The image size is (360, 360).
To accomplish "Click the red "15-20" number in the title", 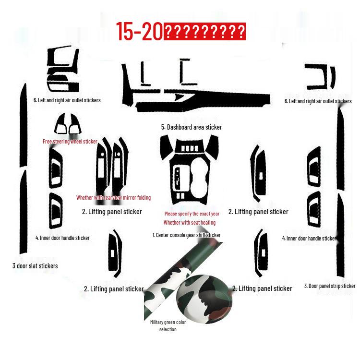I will coord(140,31).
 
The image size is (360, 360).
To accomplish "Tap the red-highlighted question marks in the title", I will coord(205,32).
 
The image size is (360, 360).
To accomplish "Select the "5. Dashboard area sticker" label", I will coord(192,127).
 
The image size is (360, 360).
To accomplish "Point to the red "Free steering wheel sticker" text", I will coord(70,142).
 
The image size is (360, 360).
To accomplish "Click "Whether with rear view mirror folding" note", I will coord(113,198).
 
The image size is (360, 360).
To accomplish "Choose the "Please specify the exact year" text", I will coord(192,214).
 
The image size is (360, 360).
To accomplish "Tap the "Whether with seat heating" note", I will coord(190,223).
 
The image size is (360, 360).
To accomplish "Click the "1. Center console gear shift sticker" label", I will coord(186,235).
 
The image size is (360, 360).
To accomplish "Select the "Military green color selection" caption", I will coord(168,326).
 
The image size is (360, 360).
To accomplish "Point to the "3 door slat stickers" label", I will coord(35,266).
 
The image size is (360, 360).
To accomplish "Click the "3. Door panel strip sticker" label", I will coord(330,286).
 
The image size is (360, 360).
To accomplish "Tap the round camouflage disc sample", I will coord(204,297).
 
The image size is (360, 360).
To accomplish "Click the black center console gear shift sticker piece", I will coord(189,170).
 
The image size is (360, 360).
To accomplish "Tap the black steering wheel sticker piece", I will coord(69,124).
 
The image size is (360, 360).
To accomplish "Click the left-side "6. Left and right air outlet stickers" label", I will coord(67,100).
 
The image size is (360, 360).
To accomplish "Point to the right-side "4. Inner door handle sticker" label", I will coord(309,238).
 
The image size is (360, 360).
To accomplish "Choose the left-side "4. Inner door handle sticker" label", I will coord(62,238).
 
